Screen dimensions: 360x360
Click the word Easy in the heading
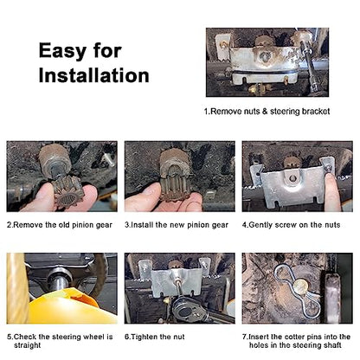coord(62,51)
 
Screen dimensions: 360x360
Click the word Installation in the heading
coord(94,75)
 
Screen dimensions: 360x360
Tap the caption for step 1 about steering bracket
coord(267,112)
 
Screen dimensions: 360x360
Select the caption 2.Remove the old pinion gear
coord(60,225)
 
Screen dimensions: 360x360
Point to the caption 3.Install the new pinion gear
coord(177,225)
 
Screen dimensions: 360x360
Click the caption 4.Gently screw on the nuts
coord(292,225)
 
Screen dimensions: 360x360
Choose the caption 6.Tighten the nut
coord(155,337)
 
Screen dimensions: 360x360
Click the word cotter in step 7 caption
coord(294,337)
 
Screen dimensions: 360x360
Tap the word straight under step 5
coord(28,345)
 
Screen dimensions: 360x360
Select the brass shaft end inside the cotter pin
coord(301,286)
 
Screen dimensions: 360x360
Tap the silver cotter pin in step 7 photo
coord(297,291)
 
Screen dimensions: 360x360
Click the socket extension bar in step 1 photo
coord(308,60)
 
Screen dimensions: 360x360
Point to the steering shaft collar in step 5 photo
coord(60,278)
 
